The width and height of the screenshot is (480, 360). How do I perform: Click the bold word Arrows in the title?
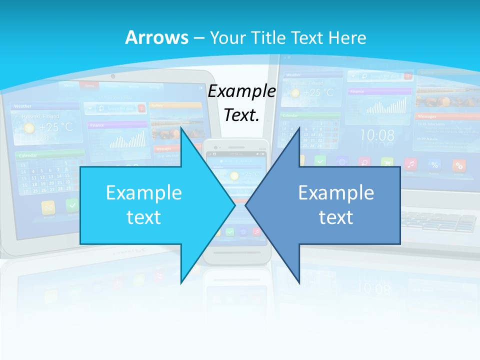click(157, 38)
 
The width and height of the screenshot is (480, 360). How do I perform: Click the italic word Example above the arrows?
click(242, 91)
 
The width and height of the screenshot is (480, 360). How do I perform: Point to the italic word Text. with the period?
click(242, 115)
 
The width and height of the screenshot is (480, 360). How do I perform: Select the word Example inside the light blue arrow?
click(144, 193)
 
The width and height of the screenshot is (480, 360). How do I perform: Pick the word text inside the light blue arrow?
click(144, 217)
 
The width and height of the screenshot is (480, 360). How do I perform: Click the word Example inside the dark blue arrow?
click(336, 193)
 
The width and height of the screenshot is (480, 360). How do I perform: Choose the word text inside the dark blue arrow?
click(336, 217)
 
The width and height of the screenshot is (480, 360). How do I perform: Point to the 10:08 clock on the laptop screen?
click(377, 135)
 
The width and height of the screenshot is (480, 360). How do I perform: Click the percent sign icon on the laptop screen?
click(434, 164)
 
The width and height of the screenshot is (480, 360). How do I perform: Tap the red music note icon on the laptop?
click(410, 163)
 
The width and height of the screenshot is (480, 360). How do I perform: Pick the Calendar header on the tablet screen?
click(28, 156)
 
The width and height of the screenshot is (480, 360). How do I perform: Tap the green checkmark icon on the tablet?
click(72, 205)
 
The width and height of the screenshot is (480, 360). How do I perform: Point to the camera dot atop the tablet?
click(113, 76)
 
